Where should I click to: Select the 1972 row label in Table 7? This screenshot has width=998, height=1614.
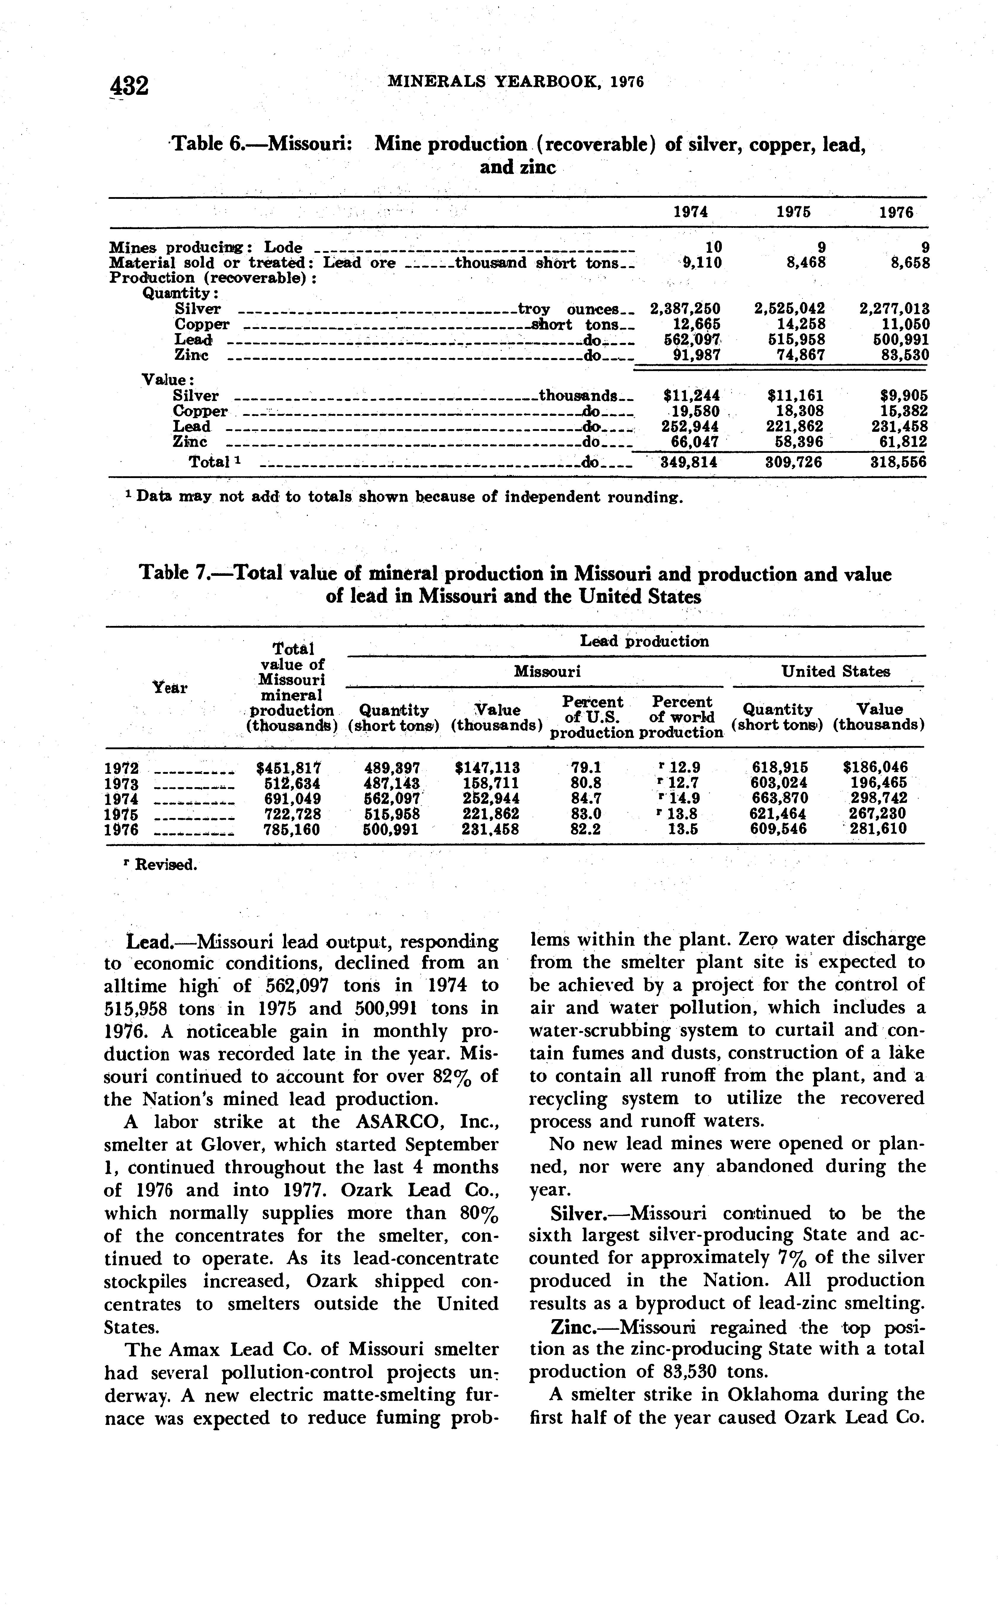click(121, 768)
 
